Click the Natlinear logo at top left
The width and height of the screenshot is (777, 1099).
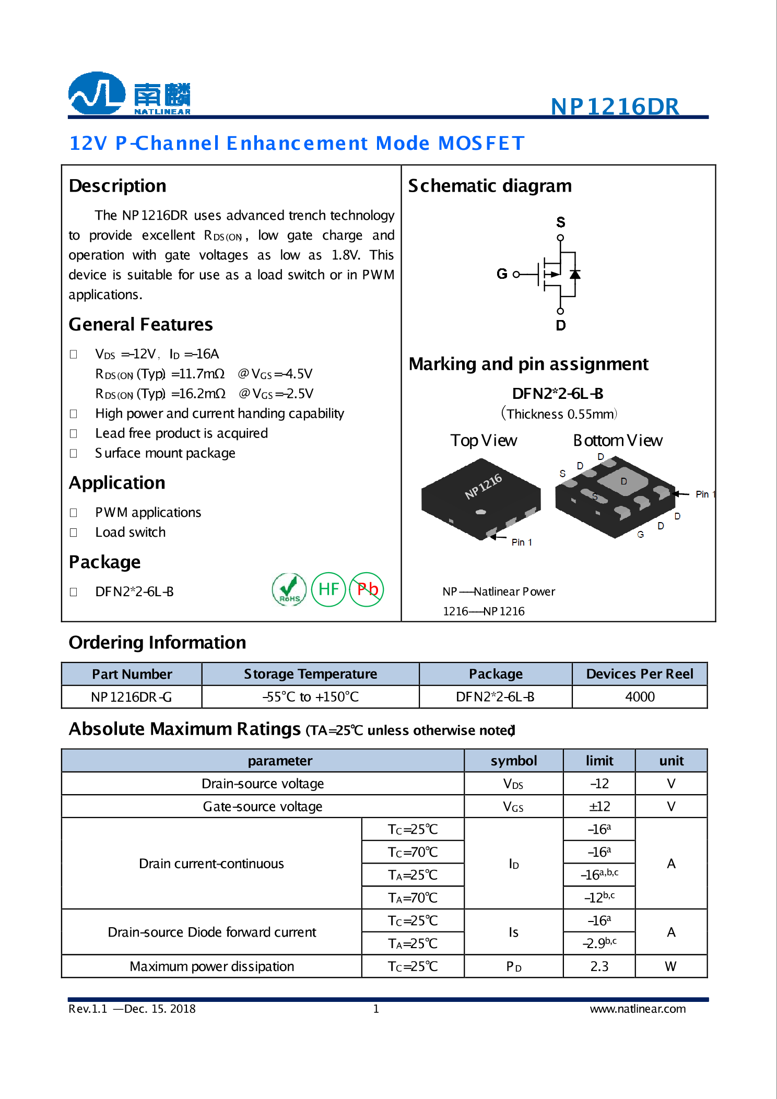(x=129, y=94)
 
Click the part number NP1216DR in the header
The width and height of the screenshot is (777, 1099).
(x=615, y=107)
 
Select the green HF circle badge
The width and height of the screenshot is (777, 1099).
(x=328, y=589)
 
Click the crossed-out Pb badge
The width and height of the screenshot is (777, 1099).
(x=367, y=589)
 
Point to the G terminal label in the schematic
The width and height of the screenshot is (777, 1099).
(x=502, y=274)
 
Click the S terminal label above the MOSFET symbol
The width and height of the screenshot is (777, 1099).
(x=560, y=222)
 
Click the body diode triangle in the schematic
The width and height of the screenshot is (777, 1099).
(x=575, y=274)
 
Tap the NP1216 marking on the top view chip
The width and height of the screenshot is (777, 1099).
(x=483, y=486)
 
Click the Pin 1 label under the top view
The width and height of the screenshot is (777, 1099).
(x=521, y=542)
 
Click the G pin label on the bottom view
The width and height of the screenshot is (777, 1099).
(x=640, y=535)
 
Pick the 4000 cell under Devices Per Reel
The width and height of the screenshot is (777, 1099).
(x=639, y=697)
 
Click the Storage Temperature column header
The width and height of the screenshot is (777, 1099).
(x=310, y=674)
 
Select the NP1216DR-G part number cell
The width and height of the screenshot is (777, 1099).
(x=131, y=697)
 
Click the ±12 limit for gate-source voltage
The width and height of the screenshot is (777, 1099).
(x=599, y=807)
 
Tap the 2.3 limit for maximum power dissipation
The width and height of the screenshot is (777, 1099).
(x=599, y=966)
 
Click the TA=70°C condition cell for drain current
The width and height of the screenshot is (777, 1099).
(x=413, y=898)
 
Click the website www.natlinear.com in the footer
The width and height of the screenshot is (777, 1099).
(x=637, y=1009)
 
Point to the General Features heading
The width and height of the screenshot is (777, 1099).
(x=140, y=325)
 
